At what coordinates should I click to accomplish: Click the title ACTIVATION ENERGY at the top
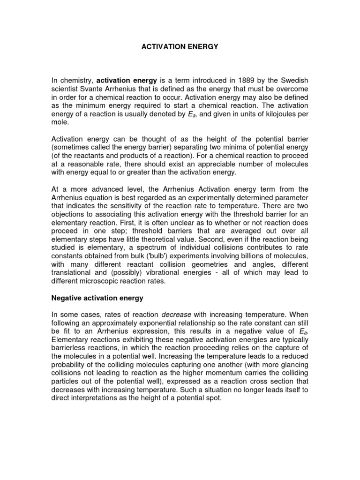pyautogui.click(x=180, y=47)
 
